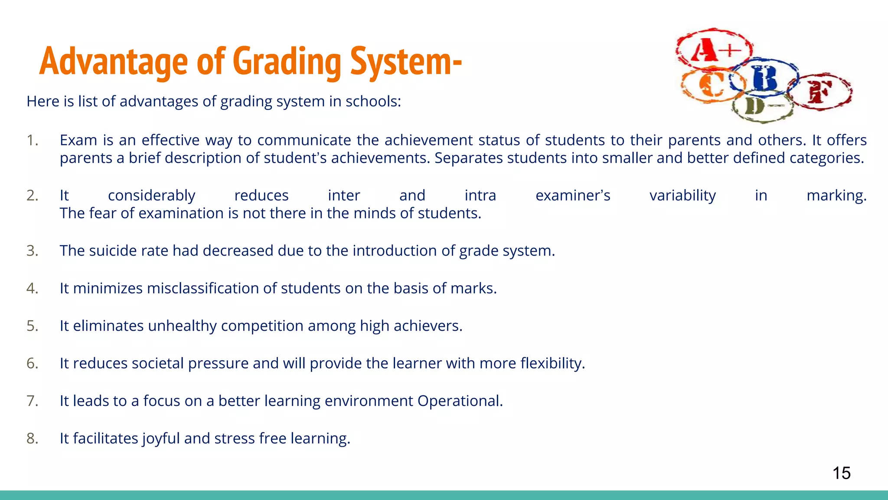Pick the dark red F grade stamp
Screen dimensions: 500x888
tap(819, 92)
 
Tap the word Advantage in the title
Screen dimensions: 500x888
tap(114, 62)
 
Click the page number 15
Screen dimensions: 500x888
tap(841, 473)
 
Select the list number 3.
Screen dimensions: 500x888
tap(32, 251)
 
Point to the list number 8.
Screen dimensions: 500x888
tap(32, 438)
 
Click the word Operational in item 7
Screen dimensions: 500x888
tap(460, 401)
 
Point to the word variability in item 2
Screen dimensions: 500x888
tap(682, 196)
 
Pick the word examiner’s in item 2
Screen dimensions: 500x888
tap(573, 196)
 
